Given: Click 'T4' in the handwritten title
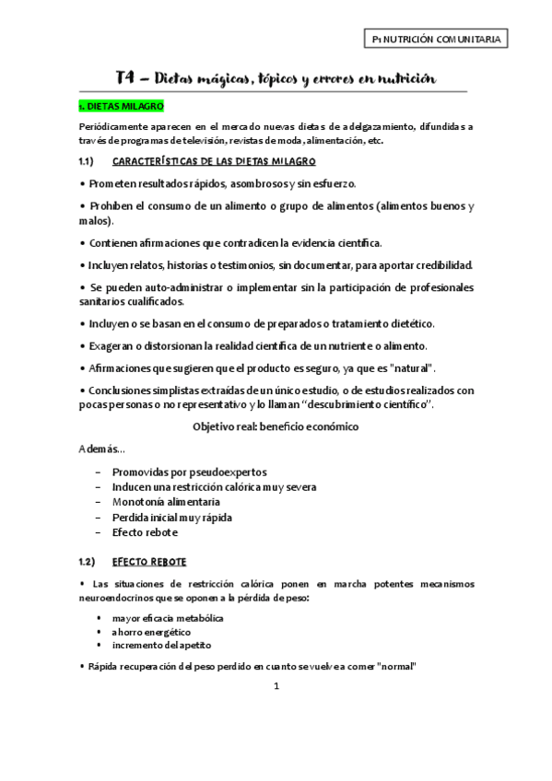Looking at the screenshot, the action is coord(128,79).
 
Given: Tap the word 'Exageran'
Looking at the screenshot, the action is coord(116,345).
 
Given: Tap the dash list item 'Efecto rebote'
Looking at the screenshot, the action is coord(146,532).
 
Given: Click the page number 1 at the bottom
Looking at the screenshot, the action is coord(276,685).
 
